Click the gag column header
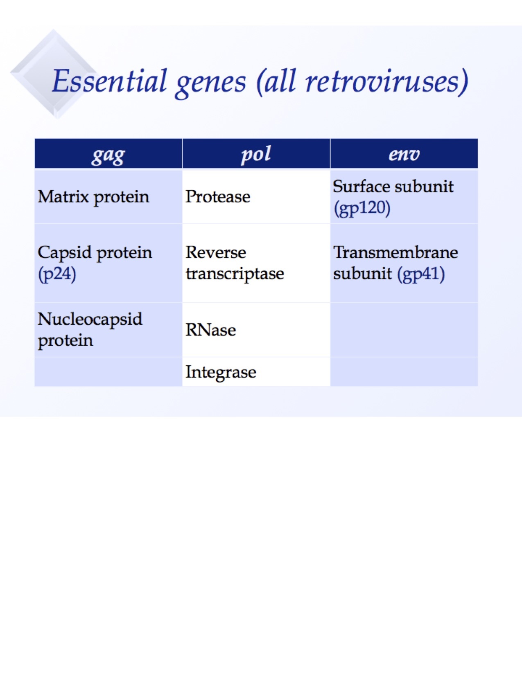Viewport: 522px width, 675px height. [108, 154]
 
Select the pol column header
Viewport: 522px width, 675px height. [256, 154]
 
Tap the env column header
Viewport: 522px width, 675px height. [404, 154]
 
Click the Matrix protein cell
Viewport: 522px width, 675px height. [93, 197]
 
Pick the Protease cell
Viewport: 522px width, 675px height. [218, 197]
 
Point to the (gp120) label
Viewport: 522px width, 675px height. [362, 208]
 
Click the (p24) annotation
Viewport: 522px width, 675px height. [57, 274]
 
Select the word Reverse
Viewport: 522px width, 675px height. [216, 252]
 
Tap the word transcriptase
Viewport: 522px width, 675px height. [235, 274]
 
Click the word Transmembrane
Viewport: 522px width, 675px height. [395, 252]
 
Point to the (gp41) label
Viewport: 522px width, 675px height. [421, 274]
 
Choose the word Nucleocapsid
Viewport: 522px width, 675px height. [90, 319]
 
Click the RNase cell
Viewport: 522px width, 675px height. [211, 330]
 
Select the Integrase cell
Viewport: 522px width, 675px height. [221, 372]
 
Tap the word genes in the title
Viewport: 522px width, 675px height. [210, 82]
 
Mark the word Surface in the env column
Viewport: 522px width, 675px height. [355, 187]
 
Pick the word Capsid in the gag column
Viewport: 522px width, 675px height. [64, 252]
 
